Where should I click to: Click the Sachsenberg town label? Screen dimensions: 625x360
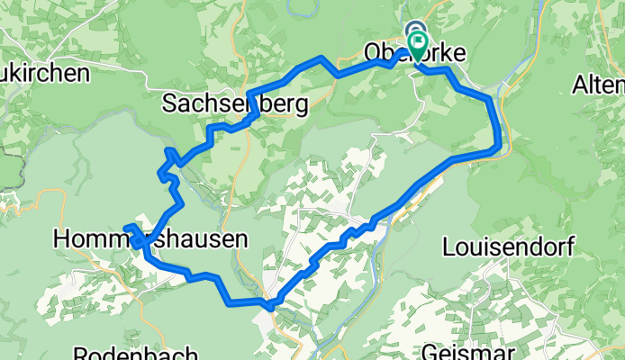234,104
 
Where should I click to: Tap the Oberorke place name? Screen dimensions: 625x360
414,54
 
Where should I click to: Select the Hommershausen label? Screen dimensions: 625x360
149,239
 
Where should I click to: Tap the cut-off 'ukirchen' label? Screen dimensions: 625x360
45,73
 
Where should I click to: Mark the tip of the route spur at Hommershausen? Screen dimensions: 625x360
125,227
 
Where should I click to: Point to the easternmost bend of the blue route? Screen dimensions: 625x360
498,144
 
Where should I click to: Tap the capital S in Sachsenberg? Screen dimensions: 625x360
169,104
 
